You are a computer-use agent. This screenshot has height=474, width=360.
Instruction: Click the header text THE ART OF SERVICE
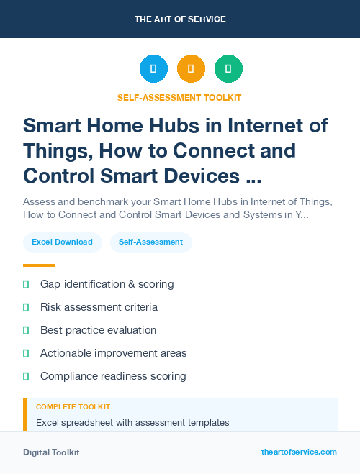pyautogui.click(x=180, y=19)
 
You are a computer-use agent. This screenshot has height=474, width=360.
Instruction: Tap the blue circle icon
pyautogui.click(x=153, y=69)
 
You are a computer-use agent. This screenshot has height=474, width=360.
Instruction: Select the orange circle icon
pyautogui.click(x=191, y=69)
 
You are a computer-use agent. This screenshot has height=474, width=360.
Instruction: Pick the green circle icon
pyautogui.click(x=228, y=69)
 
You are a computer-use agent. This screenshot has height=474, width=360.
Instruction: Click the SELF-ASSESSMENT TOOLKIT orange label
pyautogui.click(x=179, y=97)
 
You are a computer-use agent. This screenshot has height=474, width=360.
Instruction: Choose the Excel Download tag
pyautogui.click(x=62, y=242)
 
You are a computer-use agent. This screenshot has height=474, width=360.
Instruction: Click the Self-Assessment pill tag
pyautogui.click(x=151, y=242)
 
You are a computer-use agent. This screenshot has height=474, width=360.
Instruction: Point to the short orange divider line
pyautogui.click(x=39, y=265)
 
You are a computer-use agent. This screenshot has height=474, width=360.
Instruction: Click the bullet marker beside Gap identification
pyautogui.click(x=26, y=284)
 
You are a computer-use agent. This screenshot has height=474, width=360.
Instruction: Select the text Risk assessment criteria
pyautogui.click(x=99, y=307)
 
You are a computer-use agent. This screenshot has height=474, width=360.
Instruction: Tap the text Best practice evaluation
pyautogui.click(x=98, y=330)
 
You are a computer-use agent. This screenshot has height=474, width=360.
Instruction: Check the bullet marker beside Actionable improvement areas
pyautogui.click(x=26, y=353)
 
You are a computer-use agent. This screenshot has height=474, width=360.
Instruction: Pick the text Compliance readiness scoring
pyautogui.click(x=113, y=376)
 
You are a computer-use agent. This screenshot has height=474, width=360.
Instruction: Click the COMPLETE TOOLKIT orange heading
pyautogui.click(x=73, y=406)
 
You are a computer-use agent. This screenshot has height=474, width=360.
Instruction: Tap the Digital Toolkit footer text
pyautogui.click(x=51, y=452)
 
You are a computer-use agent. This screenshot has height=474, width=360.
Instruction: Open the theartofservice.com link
pyautogui.click(x=299, y=452)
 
